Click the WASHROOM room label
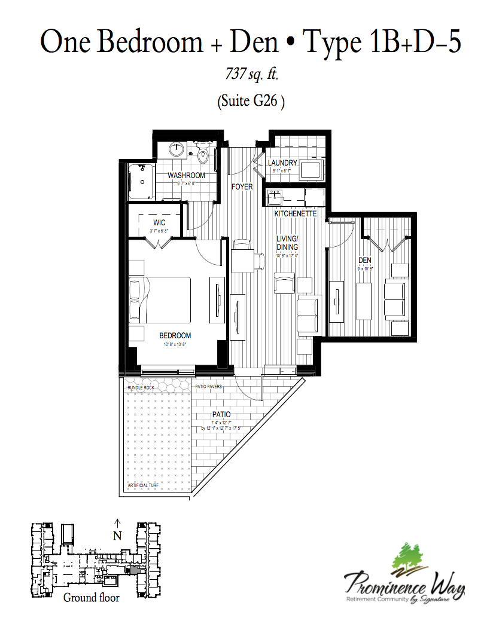click(x=186, y=175)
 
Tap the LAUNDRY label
click(x=282, y=163)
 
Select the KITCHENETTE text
click(x=295, y=213)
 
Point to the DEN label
click(x=366, y=261)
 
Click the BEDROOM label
click(x=175, y=335)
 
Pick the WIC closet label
click(x=159, y=222)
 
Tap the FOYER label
click(x=242, y=187)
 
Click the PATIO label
click(x=221, y=414)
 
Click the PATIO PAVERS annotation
click(x=209, y=387)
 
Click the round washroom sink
click(x=177, y=149)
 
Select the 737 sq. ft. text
click(x=252, y=75)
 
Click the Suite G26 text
click(x=251, y=102)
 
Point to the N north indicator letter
click(x=117, y=536)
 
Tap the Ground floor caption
click(x=91, y=597)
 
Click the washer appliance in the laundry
click(x=311, y=170)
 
